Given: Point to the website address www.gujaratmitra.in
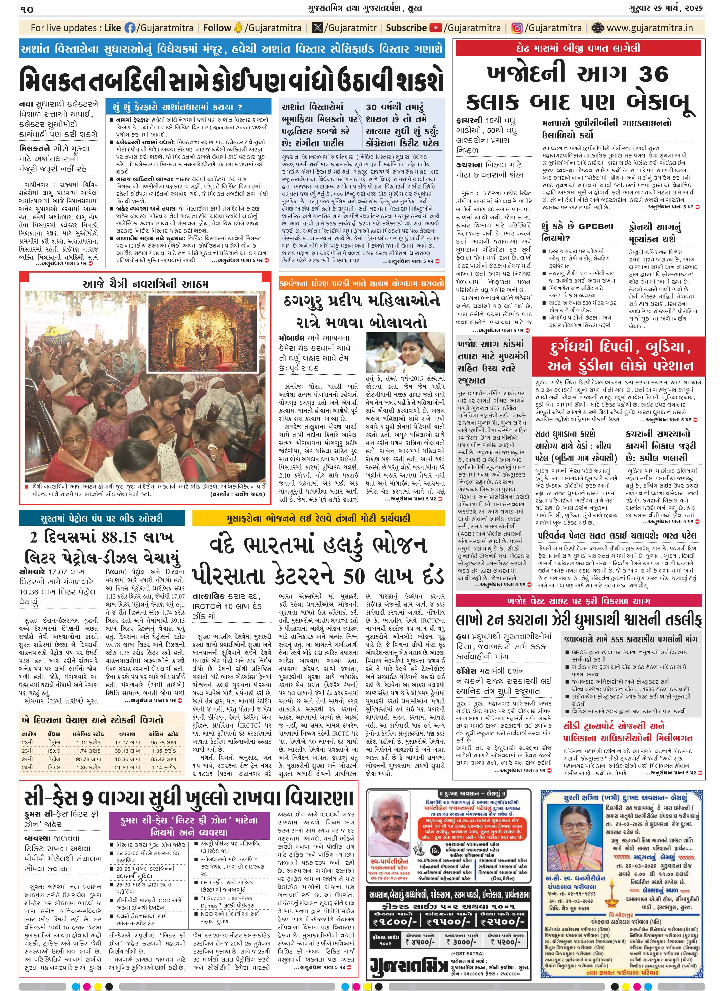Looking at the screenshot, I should tap(650, 28).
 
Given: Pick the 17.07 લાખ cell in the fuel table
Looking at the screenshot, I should tap(127, 742).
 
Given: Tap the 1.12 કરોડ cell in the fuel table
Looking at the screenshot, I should tap(88, 742).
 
